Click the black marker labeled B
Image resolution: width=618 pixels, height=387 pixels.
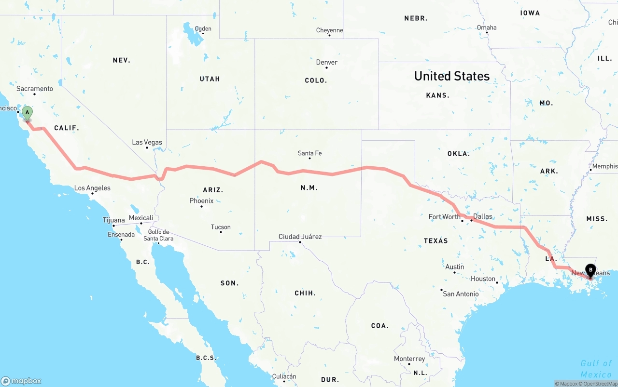click(x=590, y=270)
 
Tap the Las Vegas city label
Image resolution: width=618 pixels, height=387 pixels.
click(x=147, y=142)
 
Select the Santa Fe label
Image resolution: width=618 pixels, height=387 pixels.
click(x=309, y=153)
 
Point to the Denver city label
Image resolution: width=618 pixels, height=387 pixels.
click(x=326, y=62)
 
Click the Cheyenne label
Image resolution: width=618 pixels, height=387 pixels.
click(x=329, y=30)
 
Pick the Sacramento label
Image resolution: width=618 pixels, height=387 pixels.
click(x=35, y=89)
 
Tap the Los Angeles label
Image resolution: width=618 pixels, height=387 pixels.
click(x=92, y=188)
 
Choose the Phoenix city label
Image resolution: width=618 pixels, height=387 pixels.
click(x=201, y=200)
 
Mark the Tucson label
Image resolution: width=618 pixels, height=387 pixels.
click(x=221, y=227)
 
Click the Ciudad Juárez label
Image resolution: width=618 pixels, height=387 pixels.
click(x=300, y=237)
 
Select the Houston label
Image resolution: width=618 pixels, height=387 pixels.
click(x=483, y=279)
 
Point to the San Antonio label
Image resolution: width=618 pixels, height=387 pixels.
click(x=461, y=294)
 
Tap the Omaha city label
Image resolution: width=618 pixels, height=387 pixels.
click(x=486, y=27)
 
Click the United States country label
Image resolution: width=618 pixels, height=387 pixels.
click(x=451, y=76)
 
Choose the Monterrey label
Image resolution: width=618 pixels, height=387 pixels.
click(x=409, y=359)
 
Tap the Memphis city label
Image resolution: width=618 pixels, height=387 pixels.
click(x=604, y=166)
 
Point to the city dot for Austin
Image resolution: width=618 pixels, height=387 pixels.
click(x=454, y=272)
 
